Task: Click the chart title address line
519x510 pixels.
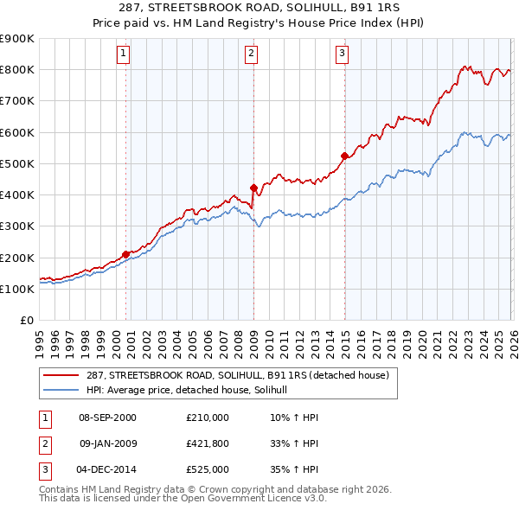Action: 259,9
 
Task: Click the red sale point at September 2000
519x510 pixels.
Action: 126,254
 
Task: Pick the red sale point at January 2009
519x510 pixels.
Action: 253,188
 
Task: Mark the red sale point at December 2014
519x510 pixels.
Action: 344,156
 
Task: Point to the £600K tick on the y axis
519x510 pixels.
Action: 17,132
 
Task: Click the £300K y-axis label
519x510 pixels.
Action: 17,226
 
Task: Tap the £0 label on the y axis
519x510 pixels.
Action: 26,321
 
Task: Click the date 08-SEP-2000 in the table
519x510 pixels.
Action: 107,418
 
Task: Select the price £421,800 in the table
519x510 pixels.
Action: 207,444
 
